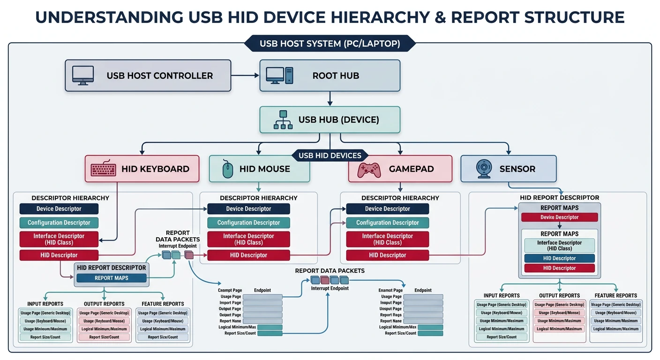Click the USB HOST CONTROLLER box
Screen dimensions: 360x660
coord(148,75)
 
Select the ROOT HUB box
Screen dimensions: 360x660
coord(330,75)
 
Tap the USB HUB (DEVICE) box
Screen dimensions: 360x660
coord(330,120)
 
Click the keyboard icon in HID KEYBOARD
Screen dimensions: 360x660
coord(103,169)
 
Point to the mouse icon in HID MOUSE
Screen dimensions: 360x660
coord(227,169)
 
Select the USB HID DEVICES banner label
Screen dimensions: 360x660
coord(330,155)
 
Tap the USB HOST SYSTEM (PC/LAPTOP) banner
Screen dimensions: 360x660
coord(330,44)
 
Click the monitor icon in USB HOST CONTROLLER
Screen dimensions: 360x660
coord(83,75)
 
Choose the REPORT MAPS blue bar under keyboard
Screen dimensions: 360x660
coord(112,278)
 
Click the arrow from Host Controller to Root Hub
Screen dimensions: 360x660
coord(245,75)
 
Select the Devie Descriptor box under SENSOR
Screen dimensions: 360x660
coord(559,217)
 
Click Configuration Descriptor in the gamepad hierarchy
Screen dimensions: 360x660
coord(387,223)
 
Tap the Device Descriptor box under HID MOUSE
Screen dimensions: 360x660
coord(248,209)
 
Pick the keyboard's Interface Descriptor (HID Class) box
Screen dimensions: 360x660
coord(59,239)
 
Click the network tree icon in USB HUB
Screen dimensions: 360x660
coord(282,120)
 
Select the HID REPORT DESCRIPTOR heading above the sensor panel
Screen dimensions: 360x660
coord(559,198)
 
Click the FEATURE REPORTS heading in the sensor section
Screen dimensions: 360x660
coord(615,295)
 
